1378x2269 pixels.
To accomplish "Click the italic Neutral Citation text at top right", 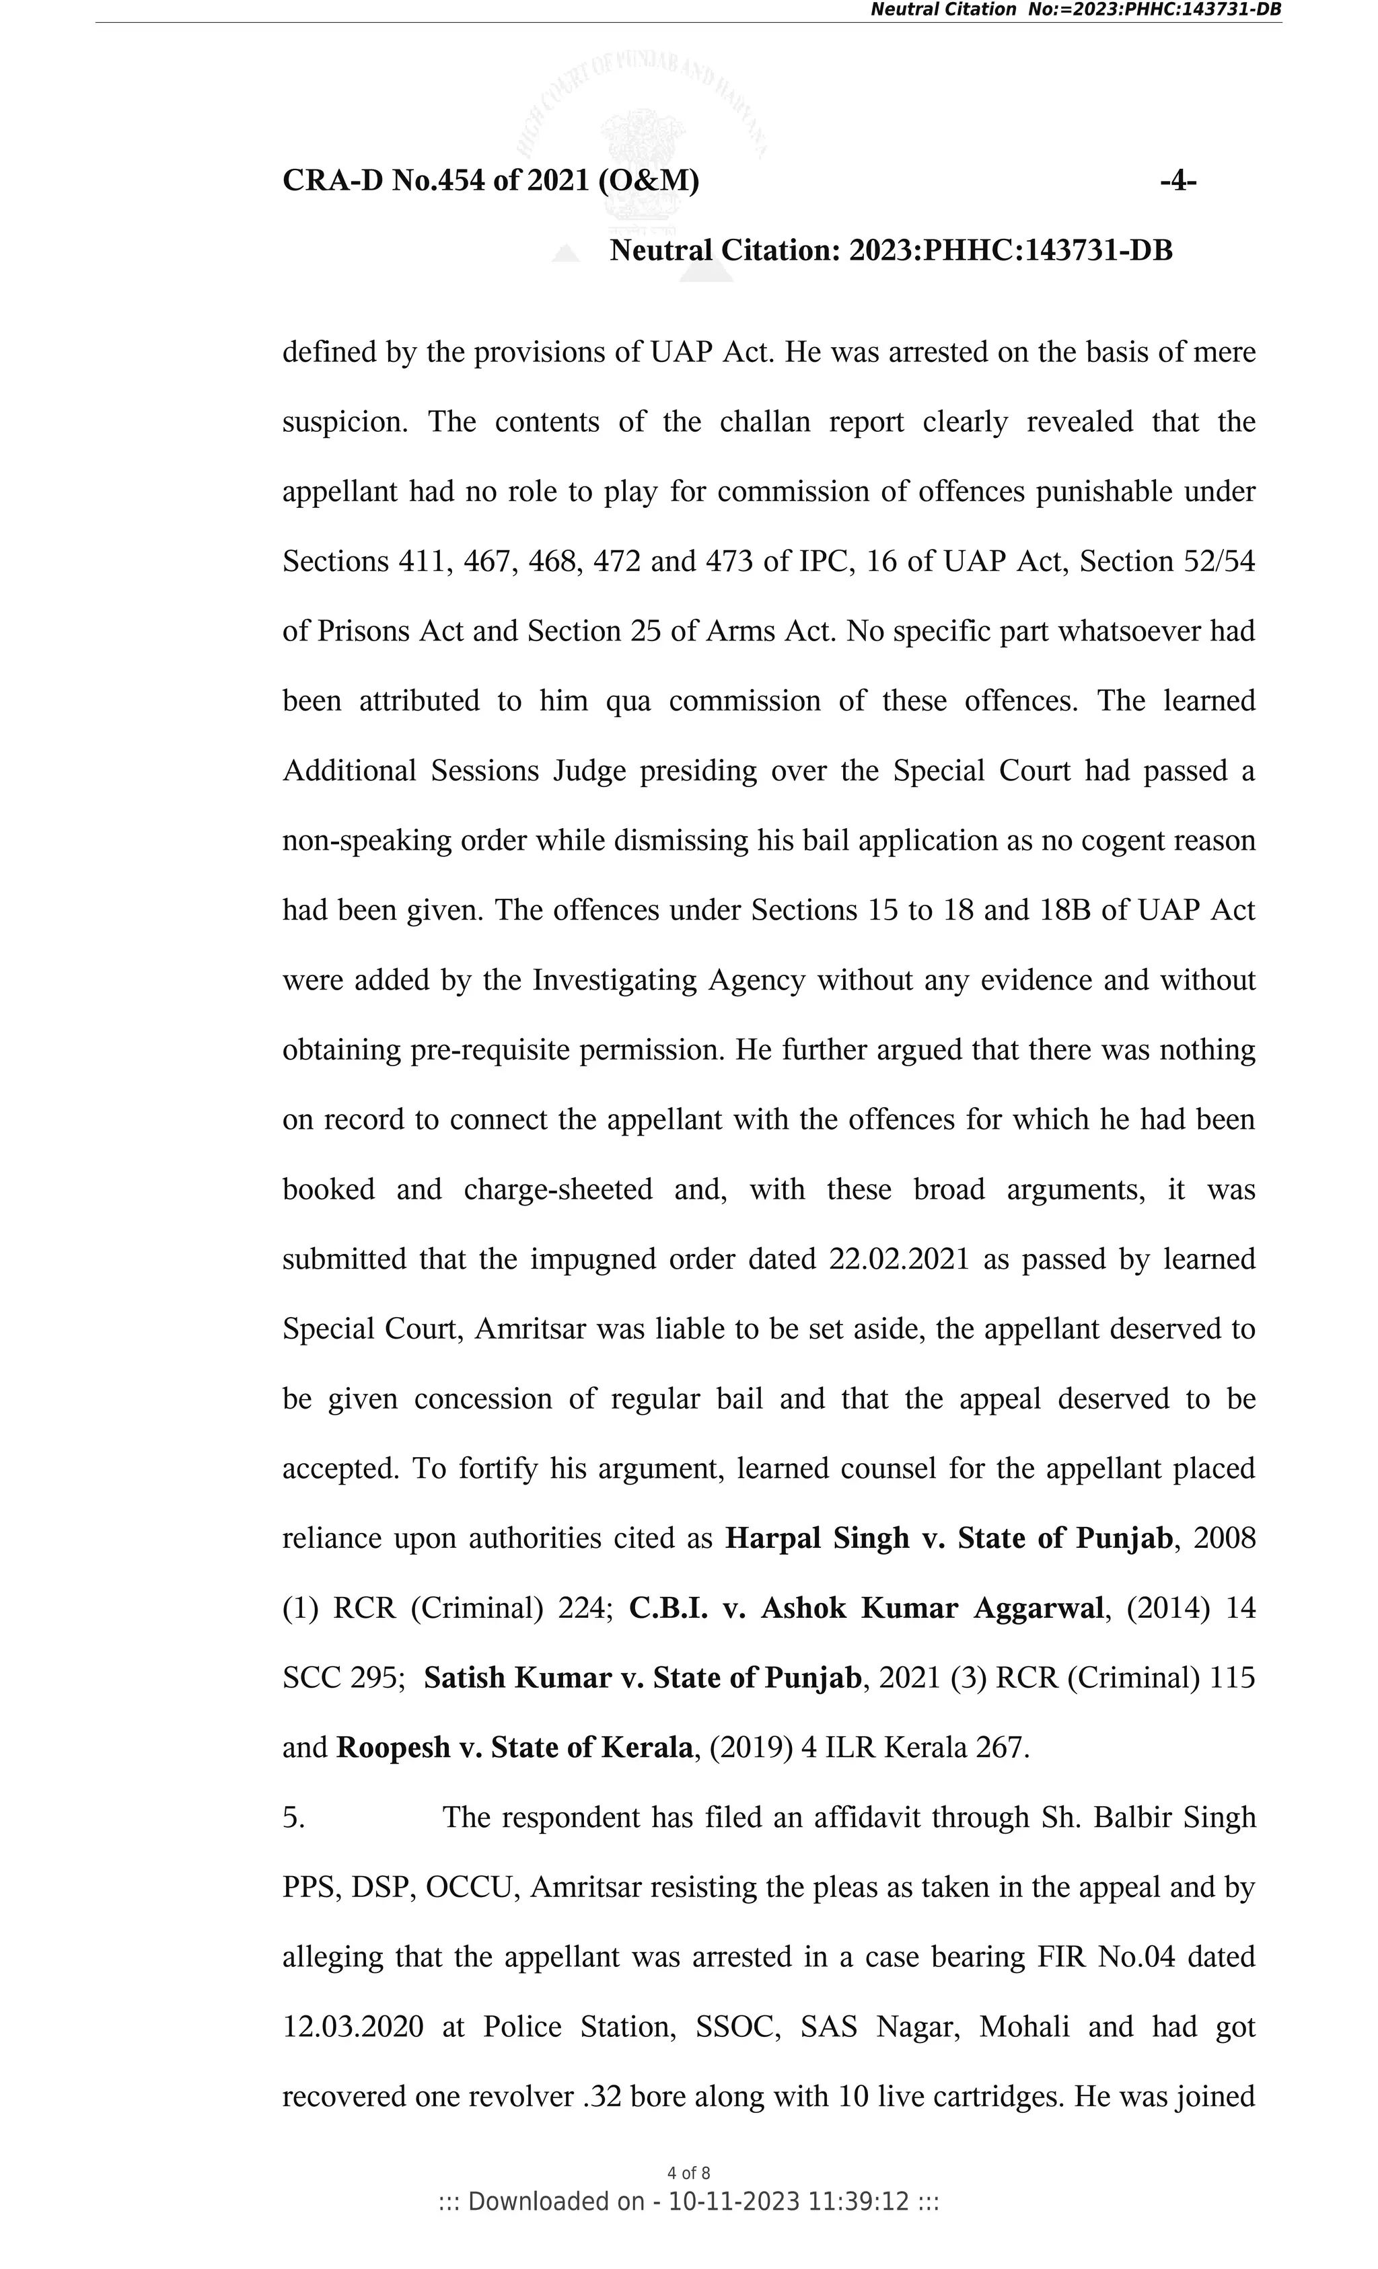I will [1075, 10].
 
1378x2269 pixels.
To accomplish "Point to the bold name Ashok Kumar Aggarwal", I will [932, 1608].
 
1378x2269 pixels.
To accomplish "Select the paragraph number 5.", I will [293, 1818].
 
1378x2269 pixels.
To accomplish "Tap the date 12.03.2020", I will [353, 2027].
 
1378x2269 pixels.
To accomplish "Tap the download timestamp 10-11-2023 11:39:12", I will [789, 2202].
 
